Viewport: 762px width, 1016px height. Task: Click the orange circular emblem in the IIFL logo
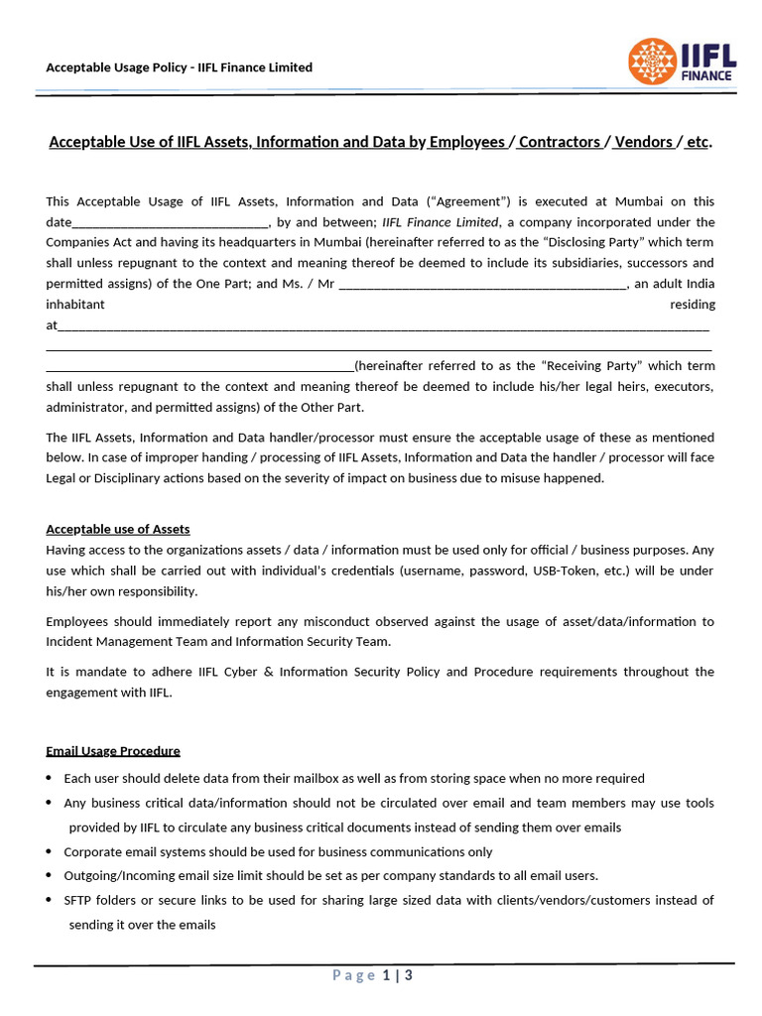[652, 62]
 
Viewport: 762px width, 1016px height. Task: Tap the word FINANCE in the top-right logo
[706, 75]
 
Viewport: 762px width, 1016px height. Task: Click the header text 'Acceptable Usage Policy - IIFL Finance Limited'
[180, 67]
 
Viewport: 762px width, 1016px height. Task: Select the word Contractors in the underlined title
[560, 142]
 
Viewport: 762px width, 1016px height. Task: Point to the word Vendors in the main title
[643, 142]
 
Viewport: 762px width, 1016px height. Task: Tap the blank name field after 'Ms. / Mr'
[482, 284]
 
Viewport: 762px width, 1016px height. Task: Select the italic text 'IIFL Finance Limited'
[441, 222]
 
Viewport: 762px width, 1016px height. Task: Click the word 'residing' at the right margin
[692, 305]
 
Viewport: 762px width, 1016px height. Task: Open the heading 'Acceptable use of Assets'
[118, 529]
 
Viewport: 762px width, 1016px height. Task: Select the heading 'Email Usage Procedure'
[113, 750]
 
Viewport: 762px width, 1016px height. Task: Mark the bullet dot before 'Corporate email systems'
[50, 851]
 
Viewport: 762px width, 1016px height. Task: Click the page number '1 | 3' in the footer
[397, 975]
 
